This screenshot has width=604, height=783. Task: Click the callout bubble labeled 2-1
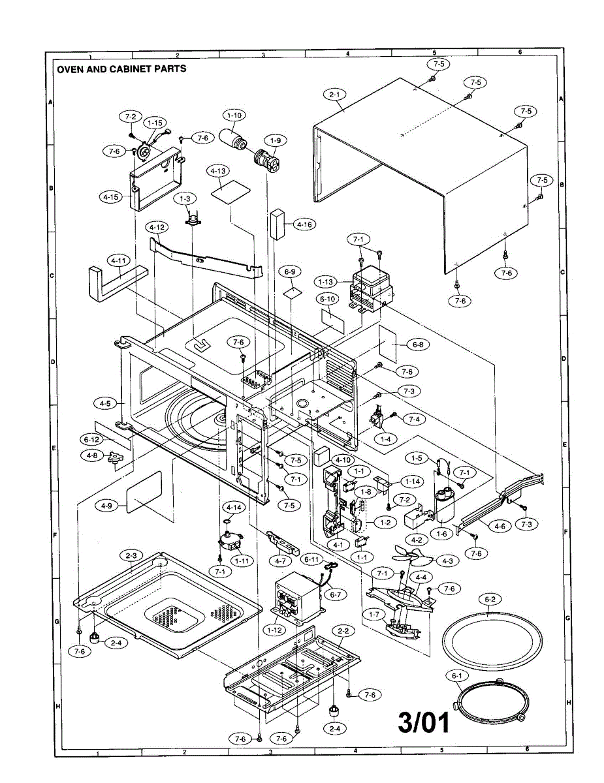(x=335, y=95)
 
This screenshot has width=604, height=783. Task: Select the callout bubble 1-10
(x=234, y=115)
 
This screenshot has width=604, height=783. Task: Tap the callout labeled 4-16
(x=305, y=224)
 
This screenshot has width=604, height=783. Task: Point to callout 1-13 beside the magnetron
(x=326, y=282)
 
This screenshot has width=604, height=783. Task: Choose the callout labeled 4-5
(x=105, y=403)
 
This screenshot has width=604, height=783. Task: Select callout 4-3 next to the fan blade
(x=447, y=561)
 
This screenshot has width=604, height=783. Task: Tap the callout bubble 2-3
(x=131, y=556)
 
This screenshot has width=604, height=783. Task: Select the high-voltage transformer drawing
(x=298, y=596)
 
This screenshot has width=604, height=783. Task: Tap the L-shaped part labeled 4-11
(x=117, y=283)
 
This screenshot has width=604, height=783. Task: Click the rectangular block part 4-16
(x=278, y=224)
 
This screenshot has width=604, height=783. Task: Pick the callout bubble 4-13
(x=218, y=171)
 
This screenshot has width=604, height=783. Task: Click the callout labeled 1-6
(x=441, y=534)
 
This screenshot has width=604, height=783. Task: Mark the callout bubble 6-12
(x=91, y=440)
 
